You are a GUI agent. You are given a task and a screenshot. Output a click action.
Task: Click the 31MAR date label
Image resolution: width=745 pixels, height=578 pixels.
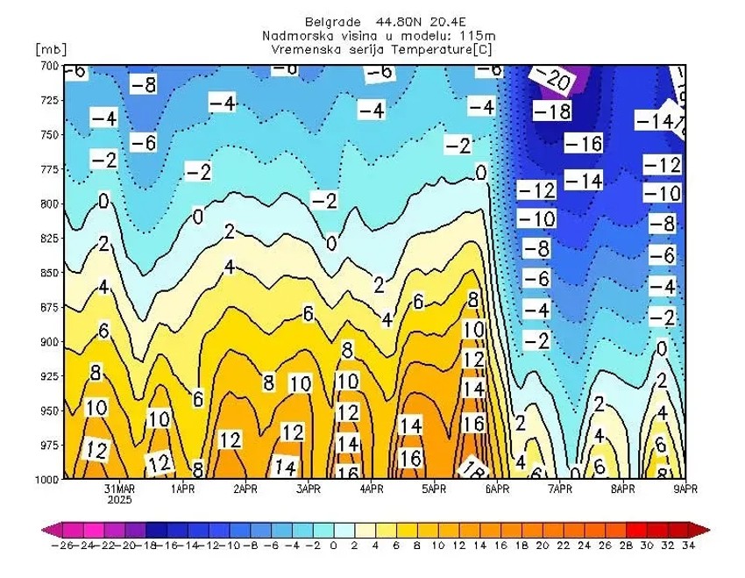click(x=119, y=489)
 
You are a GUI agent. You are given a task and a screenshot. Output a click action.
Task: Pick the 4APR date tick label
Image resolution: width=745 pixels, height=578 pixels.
click(x=372, y=489)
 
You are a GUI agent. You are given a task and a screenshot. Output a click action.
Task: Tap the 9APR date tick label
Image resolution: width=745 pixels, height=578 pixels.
click(x=685, y=489)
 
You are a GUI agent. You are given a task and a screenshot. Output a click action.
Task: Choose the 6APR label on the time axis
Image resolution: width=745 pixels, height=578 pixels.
click(x=497, y=489)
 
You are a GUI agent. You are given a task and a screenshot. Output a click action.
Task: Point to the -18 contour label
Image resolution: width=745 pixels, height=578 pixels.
click(x=552, y=111)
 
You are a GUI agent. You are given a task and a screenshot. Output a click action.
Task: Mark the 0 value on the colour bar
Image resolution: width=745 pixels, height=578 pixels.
click(x=333, y=546)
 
